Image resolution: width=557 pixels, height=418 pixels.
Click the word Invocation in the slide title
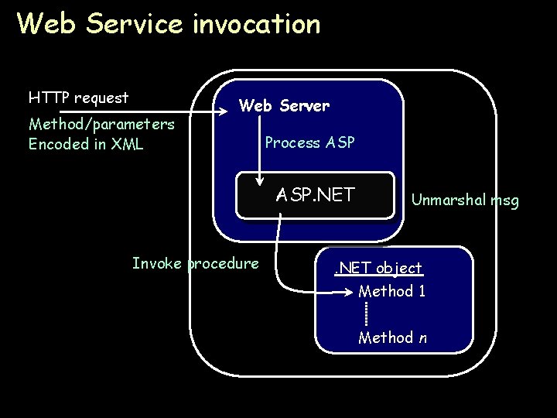click(x=257, y=24)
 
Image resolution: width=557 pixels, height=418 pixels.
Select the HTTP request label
click(x=78, y=98)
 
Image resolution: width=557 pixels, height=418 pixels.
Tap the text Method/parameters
click(x=101, y=124)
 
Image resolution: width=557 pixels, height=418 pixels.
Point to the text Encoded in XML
click(x=86, y=144)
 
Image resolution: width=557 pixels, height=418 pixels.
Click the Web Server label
click(x=284, y=105)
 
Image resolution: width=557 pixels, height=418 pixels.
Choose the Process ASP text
click(x=309, y=142)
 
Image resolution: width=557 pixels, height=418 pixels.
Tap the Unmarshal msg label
click(x=465, y=200)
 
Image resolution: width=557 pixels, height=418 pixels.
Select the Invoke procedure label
click(x=196, y=263)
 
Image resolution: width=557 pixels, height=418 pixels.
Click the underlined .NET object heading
click(x=378, y=269)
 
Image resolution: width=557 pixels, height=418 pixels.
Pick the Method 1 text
click(x=391, y=291)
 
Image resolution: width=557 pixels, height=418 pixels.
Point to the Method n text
click(x=391, y=337)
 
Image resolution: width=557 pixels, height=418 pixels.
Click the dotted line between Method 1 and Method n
click(x=366, y=313)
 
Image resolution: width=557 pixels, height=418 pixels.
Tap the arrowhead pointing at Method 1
click(x=350, y=293)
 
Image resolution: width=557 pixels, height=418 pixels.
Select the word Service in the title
click(x=135, y=24)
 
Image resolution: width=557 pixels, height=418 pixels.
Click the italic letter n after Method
click(x=422, y=338)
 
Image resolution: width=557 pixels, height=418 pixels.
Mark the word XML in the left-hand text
click(x=127, y=144)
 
